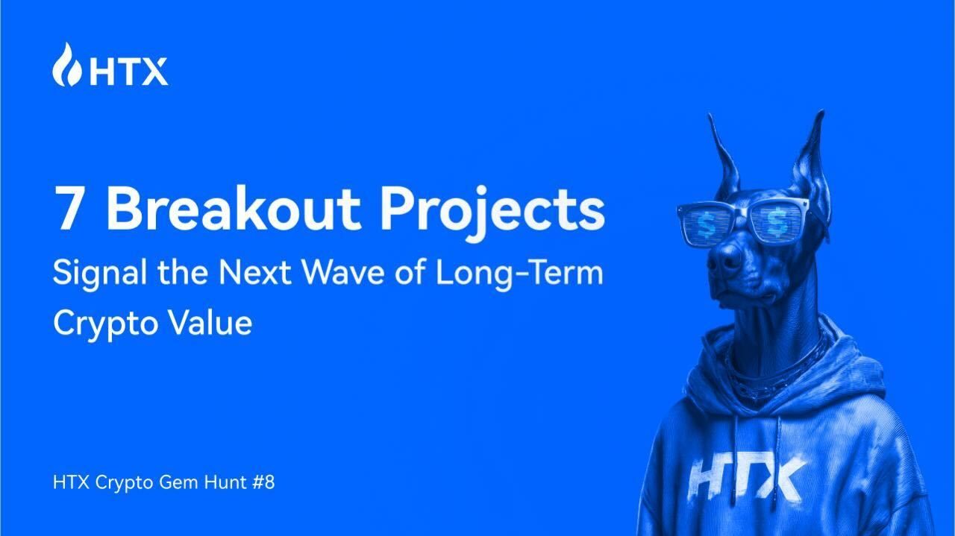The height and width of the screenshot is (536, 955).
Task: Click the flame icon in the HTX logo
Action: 66,65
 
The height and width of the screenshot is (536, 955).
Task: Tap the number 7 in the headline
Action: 69,208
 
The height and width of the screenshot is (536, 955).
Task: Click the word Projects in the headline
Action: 492,211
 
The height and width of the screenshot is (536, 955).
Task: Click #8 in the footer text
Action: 263,482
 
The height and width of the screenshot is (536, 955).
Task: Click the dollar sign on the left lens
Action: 706,222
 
